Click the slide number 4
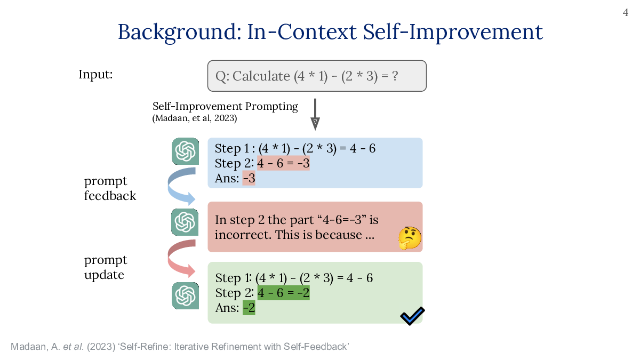pos(626,13)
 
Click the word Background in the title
pos(180,32)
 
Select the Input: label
pos(95,74)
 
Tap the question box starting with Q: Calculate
pos(317,76)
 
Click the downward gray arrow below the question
pos(315,114)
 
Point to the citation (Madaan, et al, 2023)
pos(195,118)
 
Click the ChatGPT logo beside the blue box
pos(186,151)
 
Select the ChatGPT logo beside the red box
pos(185,222)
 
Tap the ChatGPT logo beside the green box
pos(186,295)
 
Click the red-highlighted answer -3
pos(249,178)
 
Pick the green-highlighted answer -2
pos(249,308)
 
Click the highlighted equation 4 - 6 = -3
pos(283,163)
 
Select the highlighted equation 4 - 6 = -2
pos(283,293)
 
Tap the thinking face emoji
pos(410,238)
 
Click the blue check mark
pos(412,316)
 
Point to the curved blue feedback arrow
pos(171,187)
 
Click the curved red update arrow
pos(171,259)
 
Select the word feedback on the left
pos(110,196)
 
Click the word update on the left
pos(104,275)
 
